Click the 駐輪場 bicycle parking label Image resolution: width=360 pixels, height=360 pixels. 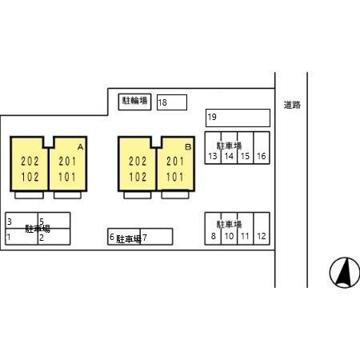point(134,101)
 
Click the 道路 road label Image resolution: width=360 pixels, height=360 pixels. point(292,105)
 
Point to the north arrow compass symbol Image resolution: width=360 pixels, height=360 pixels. point(345,273)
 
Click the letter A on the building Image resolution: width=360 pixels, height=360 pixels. point(81,147)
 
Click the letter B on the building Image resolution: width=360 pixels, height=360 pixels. point(188,146)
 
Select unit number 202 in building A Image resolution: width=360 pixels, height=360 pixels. point(30,162)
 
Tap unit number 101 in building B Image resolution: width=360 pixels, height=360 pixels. point(175,177)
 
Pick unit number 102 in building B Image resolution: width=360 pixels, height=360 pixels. point(138,177)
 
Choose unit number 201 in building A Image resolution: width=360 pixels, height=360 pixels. point(67,162)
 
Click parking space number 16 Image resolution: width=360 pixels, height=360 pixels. point(262,156)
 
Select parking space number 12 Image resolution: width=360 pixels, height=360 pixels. point(262,236)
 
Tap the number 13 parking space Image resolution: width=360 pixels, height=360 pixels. point(213,156)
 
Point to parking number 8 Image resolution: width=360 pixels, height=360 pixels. point(214,236)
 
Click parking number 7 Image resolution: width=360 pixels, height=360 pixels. point(145,238)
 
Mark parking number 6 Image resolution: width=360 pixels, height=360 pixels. point(112,237)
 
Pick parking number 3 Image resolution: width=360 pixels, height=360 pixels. point(10,222)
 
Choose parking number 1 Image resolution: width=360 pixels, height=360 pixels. point(9,237)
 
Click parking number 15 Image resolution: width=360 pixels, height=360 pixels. point(245,156)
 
